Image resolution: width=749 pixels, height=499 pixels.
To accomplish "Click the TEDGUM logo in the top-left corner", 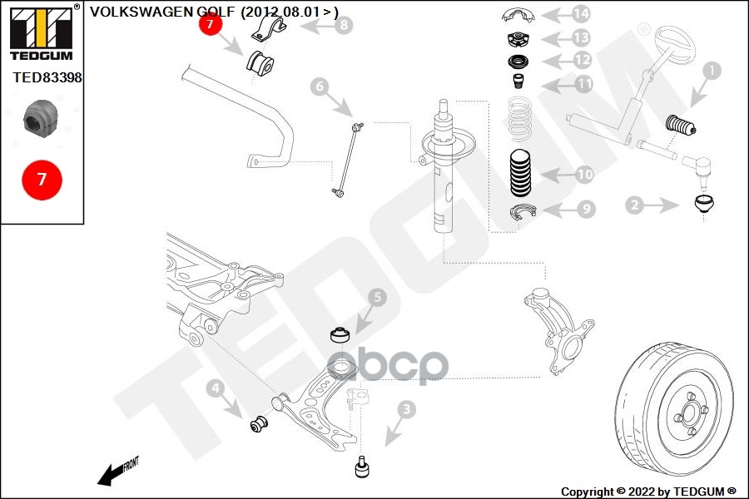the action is point(42,32).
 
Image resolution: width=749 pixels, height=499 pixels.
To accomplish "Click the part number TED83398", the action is point(47,77).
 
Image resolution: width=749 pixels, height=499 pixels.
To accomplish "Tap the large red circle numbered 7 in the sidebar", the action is point(42,180).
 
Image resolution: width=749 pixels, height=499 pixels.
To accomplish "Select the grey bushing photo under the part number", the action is point(41,117).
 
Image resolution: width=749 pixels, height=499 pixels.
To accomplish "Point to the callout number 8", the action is point(344,25).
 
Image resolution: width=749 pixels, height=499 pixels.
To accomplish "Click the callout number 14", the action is point(580,14).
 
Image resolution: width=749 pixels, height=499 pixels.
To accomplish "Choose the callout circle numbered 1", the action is point(712,71).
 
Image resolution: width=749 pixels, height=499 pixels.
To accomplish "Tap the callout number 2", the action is point(635,205).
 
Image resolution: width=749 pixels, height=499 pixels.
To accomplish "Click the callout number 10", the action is point(584,175).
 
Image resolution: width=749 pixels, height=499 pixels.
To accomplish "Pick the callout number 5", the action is point(377,298).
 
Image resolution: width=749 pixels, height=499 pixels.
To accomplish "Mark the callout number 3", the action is point(406,409).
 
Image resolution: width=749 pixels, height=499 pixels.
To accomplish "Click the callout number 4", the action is point(216,388).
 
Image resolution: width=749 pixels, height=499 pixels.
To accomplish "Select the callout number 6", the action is point(320,86).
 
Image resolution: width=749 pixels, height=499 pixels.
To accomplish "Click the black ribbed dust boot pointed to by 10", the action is point(519,173).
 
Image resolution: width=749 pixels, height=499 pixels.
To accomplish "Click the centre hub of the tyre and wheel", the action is point(689,413).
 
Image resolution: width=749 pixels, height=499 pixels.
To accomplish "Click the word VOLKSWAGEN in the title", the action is point(141,12).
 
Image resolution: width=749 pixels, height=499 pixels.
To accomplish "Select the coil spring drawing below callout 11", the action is point(519,120).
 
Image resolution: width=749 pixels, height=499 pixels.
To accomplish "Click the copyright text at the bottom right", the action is point(648,492).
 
